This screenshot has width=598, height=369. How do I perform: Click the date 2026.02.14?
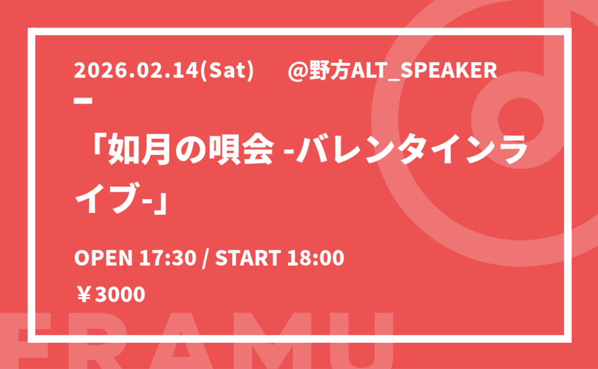(137, 71)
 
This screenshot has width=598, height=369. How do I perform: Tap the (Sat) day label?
(227, 71)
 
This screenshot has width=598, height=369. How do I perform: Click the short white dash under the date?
(83, 100)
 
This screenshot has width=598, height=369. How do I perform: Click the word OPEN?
(103, 258)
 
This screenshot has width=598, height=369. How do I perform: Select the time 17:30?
(168, 258)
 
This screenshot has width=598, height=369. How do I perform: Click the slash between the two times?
(206, 259)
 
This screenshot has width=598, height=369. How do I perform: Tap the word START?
(248, 258)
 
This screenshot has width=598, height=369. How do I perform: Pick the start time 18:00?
(316, 258)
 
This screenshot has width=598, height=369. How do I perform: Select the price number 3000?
(120, 294)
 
